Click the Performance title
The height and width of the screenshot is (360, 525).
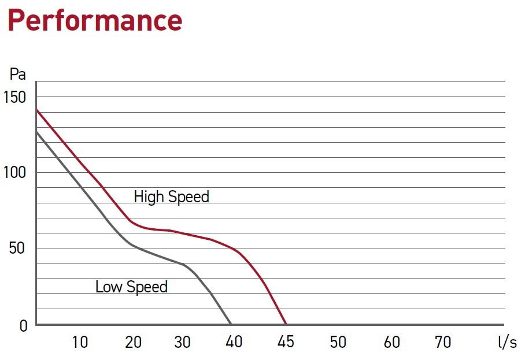[x=95, y=20]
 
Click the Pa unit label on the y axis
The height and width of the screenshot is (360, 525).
[x=17, y=75]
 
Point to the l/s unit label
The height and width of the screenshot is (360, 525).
[x=507, y=342]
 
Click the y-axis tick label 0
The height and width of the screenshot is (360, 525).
[x=23, y=326]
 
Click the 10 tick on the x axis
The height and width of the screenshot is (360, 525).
[x=80, y=342]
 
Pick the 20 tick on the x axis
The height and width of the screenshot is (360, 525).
[x=133, y=342]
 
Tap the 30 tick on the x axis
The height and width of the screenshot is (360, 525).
[x=182, y=342]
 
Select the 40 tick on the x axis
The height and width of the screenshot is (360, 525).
[x=234, y=342]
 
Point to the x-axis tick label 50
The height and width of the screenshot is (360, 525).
[x=338, y=342]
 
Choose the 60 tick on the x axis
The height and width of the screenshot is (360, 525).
[x=391, y=342]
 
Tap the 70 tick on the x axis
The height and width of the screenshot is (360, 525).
[x=442, y=342]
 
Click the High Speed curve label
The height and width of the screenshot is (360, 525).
[x=171, y=196]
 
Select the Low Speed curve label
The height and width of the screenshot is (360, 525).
[x=131, y=287]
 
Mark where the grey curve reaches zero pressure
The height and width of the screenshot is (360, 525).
[x=231, y=324]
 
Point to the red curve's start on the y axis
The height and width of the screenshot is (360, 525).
[x=36, y=109]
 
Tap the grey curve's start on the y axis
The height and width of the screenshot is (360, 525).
[x=36, y=132]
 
